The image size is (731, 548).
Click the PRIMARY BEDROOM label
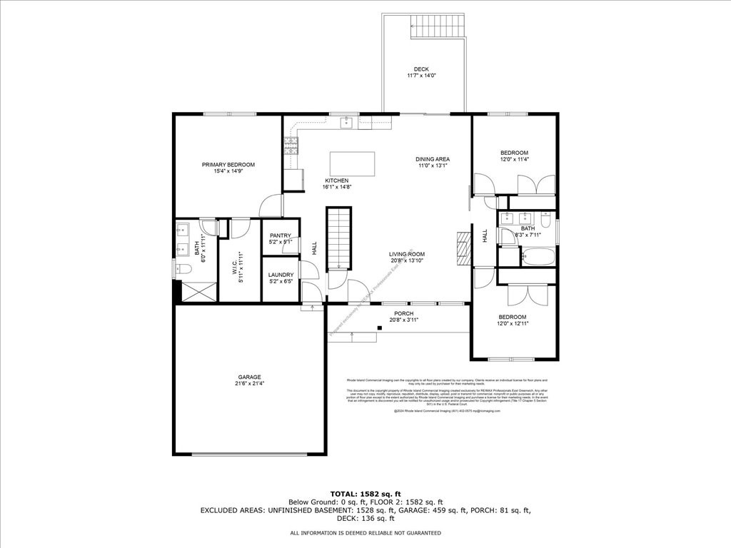click(228, 165)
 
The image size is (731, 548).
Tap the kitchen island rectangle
click(352, 163)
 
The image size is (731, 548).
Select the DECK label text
click(421, 69)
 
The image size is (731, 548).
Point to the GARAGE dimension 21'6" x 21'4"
click(249, 384)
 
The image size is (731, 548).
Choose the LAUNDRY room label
click(281, 275)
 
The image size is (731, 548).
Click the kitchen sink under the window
click(347, 123)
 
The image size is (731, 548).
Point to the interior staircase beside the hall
click(339, 238)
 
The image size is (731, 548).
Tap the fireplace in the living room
click(463, 247)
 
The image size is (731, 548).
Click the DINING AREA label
click(433, 159)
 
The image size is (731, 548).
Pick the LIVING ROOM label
click(407, 254)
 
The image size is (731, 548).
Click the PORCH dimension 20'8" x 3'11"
click(403, 320)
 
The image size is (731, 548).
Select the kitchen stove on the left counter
click(291, 146)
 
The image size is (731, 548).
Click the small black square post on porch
click(380, 328)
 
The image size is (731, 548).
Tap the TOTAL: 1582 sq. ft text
click(365, 494)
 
